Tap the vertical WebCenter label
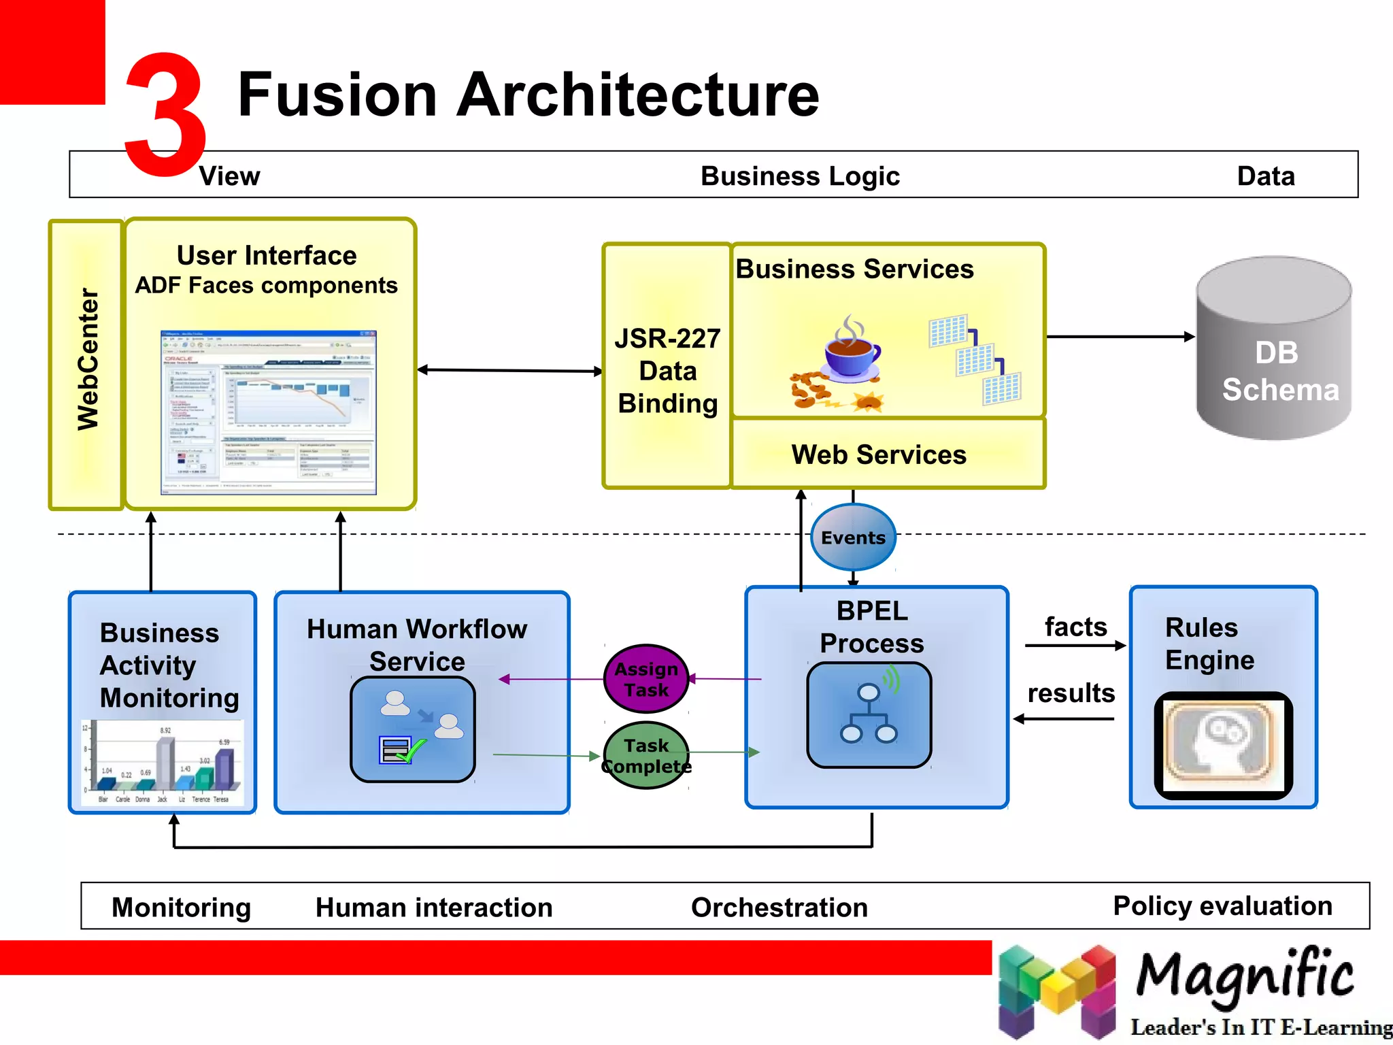coord(87,360)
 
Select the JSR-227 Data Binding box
coord(667,371)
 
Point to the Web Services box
coord(878,454)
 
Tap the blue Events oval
coord(853,537)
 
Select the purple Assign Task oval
coord(646,679)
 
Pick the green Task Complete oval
coord(646,755)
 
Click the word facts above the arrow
coord(1075,627)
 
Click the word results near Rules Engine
coord(1071,693)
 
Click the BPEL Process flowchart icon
coord(869,715)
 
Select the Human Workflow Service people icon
coord(413,729)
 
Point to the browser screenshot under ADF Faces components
coord(268,412)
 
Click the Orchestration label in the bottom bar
coord(779,907)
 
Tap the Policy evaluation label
coord(1222,906)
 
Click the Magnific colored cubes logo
coord(1056,990)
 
